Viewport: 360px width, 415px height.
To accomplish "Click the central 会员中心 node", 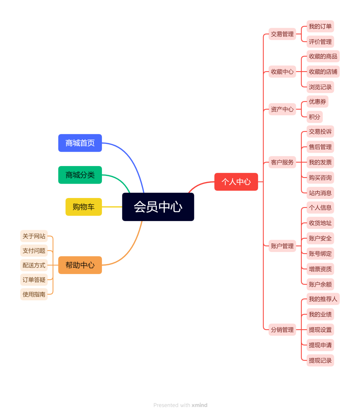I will click(x=158, y=207).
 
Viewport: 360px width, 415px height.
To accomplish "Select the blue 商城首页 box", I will click(x=80, y=143).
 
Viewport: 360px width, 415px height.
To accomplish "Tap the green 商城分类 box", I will click(x=80, y=175).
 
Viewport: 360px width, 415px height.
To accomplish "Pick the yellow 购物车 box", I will click(x=84, y=207).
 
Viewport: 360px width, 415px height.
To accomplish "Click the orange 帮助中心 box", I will click(x=80, y=265).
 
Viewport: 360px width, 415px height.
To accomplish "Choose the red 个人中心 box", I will click(x=236, y=182).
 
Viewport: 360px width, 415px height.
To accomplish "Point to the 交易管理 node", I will click(x=282, y=34).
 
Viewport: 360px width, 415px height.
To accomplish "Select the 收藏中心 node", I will click(x=282, y=72).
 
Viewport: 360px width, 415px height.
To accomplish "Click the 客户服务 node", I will click(x=282, y=162).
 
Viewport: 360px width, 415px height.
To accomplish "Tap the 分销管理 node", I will click(x=282, y=330).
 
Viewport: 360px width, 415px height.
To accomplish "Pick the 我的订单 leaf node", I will click(x=320, y=26).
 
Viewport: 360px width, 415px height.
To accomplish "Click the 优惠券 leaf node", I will click(x=317, y=102).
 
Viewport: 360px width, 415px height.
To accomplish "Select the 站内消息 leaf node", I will click(x=320, y=193).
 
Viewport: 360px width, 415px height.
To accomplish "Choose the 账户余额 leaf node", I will click(x=320, y=284).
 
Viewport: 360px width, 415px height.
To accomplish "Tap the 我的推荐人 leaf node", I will click(x=323, y=299).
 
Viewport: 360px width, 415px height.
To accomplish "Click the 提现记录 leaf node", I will click(x=320, y=360).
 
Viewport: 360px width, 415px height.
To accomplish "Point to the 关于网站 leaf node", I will click(x=34, y=236).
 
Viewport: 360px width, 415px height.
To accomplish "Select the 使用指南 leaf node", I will click(x=34, y=294).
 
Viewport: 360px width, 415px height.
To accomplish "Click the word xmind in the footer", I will click(x=199, y=405).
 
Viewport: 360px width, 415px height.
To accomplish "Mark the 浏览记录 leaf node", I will click(x=320, y=87).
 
